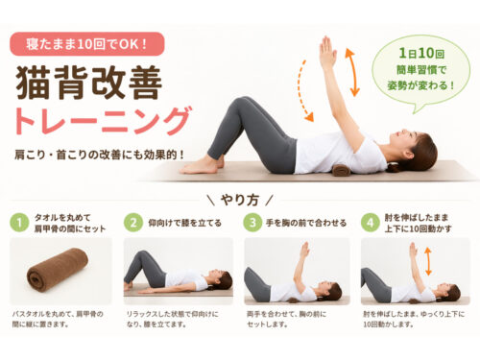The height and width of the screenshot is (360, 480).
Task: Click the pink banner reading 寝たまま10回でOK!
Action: [87, 44]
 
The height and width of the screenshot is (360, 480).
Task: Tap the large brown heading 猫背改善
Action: [89, 83]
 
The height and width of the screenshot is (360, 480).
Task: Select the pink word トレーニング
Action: [103, 121]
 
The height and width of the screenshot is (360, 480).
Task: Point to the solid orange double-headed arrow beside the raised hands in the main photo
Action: [352, 73]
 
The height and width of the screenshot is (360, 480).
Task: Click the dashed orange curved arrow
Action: [302, 91]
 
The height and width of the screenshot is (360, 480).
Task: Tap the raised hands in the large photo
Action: [327, 53]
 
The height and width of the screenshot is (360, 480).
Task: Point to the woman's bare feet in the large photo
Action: [201, 165]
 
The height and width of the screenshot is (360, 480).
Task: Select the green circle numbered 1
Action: [19, 223]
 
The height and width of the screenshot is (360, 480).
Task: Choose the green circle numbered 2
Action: [133, 223]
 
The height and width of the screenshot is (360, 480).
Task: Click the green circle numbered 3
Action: [252, 223]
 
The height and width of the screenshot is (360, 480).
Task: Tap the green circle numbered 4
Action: [371, 223]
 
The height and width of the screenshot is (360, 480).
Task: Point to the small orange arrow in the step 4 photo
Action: [428, 261]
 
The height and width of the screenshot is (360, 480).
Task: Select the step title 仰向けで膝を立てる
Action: [184, 223]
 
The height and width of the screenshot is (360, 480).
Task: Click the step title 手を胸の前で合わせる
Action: [306, 223]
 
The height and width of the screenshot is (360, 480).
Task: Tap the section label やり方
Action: [239, 200]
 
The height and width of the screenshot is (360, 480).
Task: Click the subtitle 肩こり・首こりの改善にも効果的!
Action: [100, 155]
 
